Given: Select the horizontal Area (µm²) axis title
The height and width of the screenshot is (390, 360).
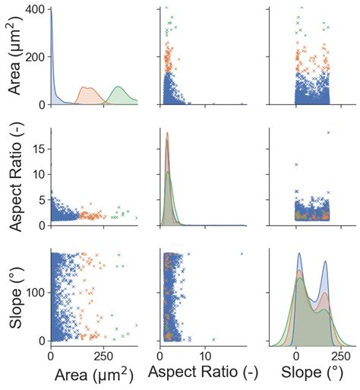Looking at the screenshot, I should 93,374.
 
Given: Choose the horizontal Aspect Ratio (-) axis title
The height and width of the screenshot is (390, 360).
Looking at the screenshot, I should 203,374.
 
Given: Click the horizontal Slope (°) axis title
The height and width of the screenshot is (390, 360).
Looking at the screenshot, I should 311,374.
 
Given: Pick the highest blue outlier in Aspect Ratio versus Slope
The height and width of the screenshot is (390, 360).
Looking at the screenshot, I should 328,133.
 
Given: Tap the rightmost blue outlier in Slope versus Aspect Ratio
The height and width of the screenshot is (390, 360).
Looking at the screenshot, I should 242,254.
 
